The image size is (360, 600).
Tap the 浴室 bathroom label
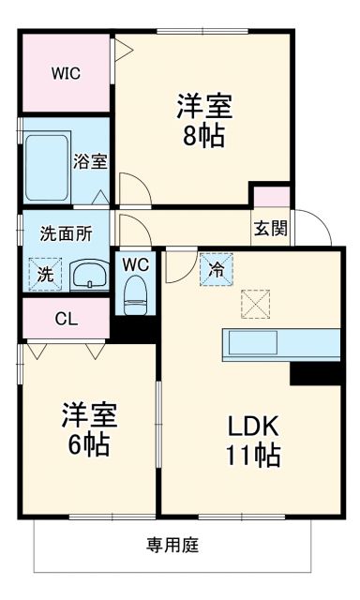[x=91, y=161]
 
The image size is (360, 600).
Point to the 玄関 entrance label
[x=269, y=226]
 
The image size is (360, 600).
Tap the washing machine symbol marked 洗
[x=43, y=274]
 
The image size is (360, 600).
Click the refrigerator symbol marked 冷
[x=216, y=269]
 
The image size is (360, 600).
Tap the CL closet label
[x=65, y=318]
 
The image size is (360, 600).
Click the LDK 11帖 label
[x=253, y=441]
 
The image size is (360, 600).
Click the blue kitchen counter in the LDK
[x=279, y=344]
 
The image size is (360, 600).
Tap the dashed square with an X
[x=255, y=304]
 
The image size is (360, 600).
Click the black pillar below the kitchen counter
[x=314, y=373]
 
